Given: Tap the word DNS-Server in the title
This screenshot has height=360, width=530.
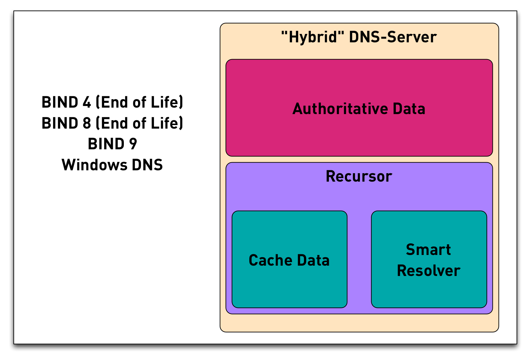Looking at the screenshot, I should (x=393, y=37).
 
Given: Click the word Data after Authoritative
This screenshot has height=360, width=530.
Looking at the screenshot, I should (x=409, y=109).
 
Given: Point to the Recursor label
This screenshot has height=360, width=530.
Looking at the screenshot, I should (x=359, y=176).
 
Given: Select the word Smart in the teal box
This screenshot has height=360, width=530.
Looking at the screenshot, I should (x=428, y=250).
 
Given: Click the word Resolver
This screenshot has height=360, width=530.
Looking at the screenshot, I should (x=428, y=271).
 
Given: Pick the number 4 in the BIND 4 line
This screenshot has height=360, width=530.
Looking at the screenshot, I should (x=87, y=102).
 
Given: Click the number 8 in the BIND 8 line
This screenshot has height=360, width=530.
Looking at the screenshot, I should (x=87, y=123).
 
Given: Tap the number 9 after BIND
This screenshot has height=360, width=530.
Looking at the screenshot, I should (x=133, y=144).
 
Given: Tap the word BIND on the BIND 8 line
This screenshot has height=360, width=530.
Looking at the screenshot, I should (x=60, y=123).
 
